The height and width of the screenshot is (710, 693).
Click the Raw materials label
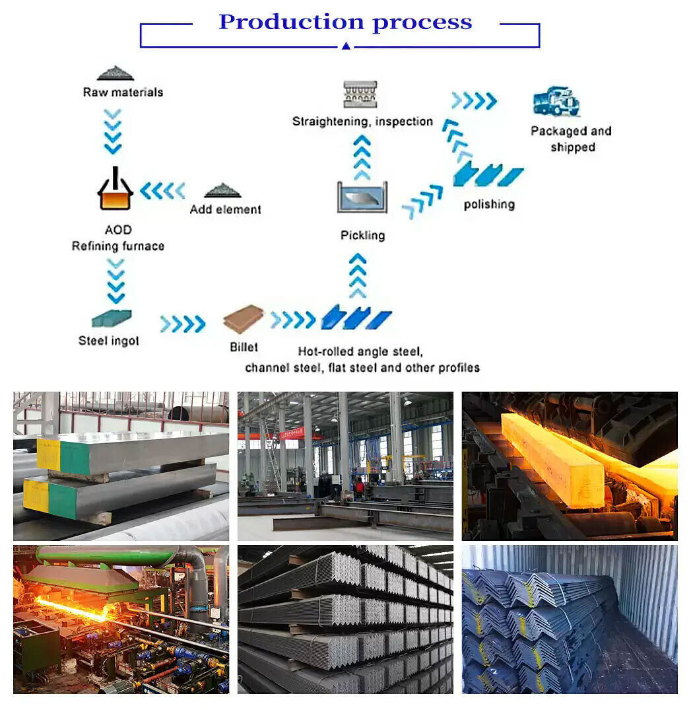[x=123, y=92]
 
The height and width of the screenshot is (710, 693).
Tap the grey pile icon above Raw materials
[x=115, y=73]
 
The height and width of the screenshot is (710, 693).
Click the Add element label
[x=226, y=209]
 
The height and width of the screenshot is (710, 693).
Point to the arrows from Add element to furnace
[x=162, y=191]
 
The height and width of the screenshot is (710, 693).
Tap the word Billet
[x=244, y=347]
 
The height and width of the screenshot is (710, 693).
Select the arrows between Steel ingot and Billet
[x=182, y=324]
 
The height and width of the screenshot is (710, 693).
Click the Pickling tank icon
[x=362, y=197]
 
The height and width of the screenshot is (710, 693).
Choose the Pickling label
[x=362, y=235]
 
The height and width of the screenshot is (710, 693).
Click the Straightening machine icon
[x=360, y=94]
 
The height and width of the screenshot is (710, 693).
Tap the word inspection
[x=403, y=122]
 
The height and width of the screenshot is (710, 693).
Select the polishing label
[x=489, y=204]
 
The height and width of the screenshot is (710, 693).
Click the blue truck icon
[x=556, y=101]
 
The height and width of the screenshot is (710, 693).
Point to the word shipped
[x=573, y=147]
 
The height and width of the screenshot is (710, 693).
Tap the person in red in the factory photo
[x=358, y=488]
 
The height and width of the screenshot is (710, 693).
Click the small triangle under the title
[x=346, y=46]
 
